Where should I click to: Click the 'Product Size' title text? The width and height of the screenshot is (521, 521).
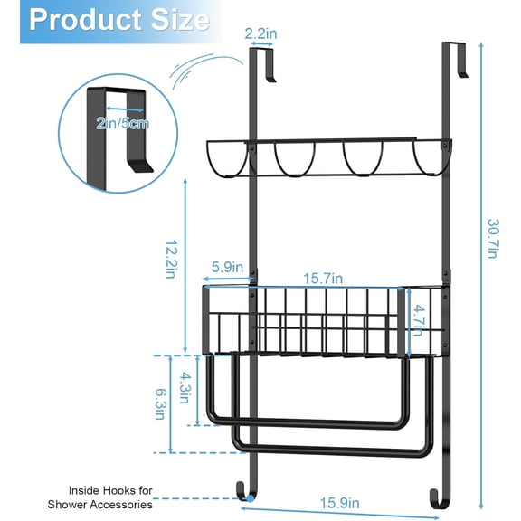coord(118,20)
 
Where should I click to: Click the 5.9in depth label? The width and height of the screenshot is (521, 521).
coord(225,267)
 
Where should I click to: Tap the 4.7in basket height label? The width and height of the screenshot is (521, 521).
coord(419,320)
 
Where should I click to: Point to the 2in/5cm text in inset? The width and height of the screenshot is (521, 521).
coord(125,122)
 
